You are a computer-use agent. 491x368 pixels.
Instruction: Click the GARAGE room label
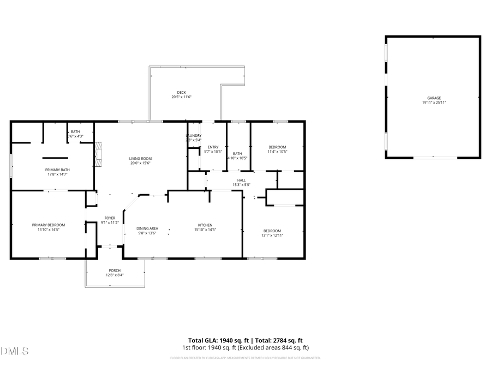point(434,98)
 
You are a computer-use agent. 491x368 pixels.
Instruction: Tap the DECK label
point(181,92)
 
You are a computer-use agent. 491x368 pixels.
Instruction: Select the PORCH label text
point(115,270)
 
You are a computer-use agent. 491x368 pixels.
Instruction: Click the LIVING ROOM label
point(140,158)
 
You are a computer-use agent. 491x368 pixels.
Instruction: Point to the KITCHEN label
point(205,225)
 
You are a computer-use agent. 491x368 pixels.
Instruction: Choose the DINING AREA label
point(147,228)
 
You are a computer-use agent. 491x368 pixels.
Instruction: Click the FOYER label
point(110,218)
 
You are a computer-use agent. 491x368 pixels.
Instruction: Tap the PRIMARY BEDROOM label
point(48,225)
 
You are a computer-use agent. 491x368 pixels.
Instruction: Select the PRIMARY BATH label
point(57,170)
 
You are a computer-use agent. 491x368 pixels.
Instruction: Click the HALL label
point(241,180)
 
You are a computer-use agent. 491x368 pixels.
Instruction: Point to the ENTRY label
point(213,147)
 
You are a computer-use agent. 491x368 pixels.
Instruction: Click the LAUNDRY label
point(194,136)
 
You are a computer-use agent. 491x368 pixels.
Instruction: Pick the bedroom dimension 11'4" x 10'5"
point(277,152)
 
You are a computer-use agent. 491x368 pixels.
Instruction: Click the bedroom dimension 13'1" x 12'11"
point(273,235)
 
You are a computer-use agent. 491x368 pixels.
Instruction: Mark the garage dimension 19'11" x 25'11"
point(434,102)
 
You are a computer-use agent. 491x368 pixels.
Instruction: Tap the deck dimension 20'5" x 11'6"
point(181,97)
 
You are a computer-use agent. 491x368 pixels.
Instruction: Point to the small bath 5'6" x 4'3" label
point(75,136)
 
